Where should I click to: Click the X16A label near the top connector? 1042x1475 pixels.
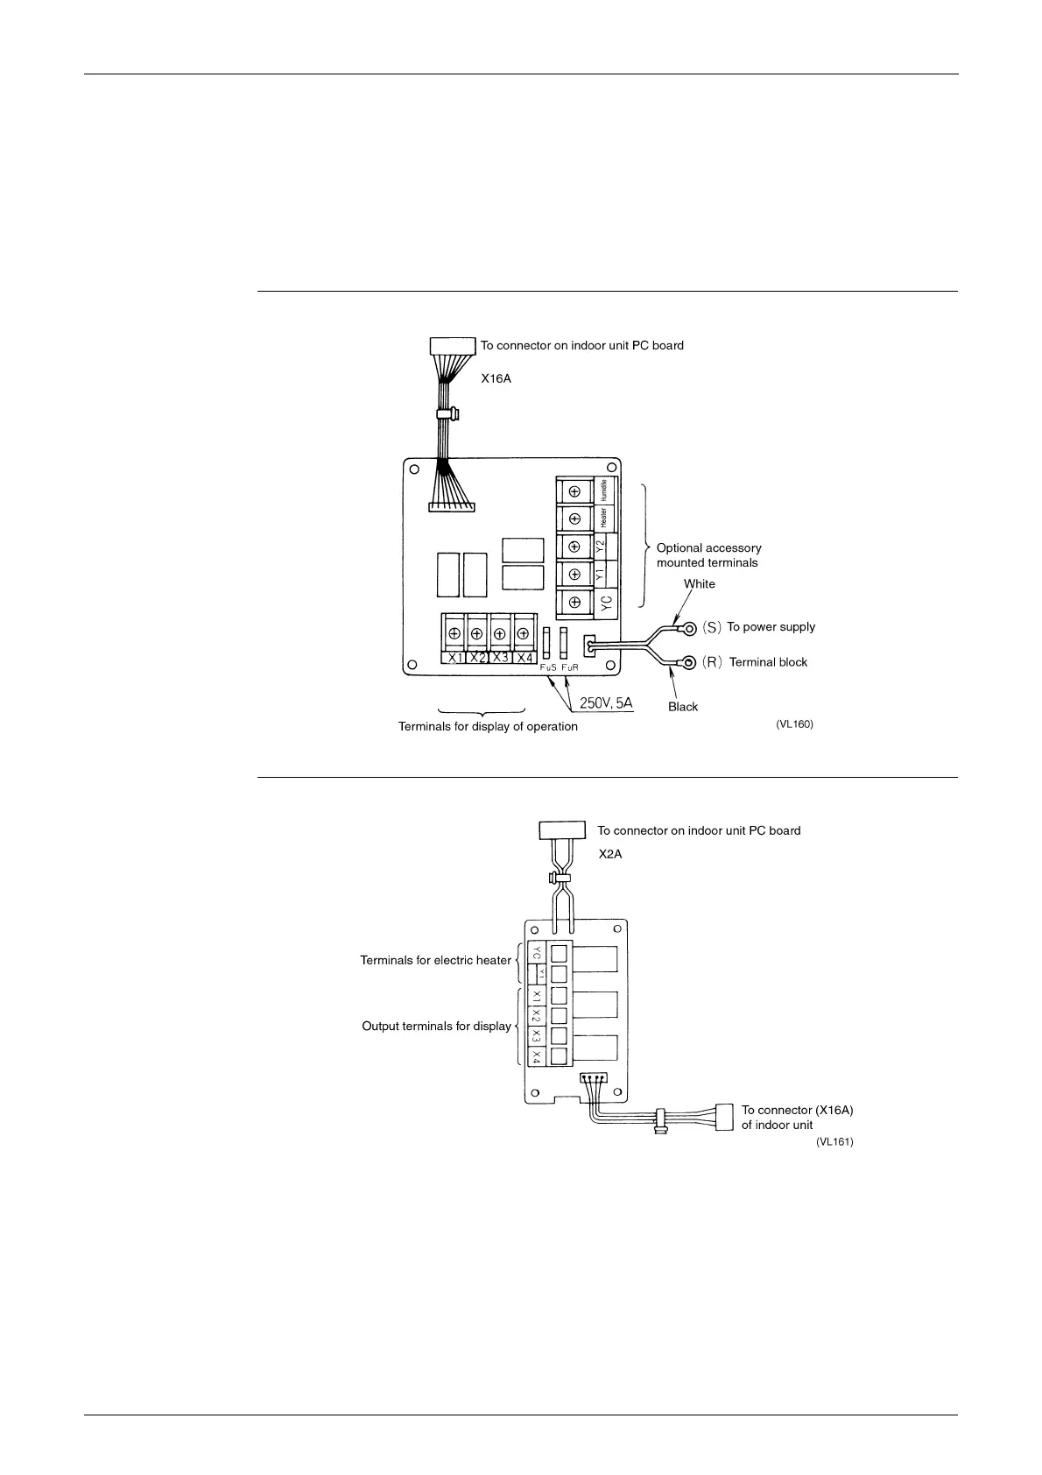coord(496,379)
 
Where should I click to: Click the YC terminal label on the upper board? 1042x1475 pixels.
coord(606,602)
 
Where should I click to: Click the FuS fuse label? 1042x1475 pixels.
coord(548,668)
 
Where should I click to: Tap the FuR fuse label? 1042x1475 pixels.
coord(570,668)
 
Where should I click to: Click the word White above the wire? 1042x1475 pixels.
coord(699,584)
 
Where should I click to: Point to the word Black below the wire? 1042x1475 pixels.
coord(683,707)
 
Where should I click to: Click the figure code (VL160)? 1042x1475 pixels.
coord(794,724)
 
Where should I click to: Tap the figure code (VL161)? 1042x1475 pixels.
coord(834,1142)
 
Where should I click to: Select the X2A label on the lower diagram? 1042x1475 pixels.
coord(610,854)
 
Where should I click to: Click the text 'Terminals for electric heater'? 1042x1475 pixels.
coord(435,961)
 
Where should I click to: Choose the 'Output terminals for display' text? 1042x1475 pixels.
coord(436,1027)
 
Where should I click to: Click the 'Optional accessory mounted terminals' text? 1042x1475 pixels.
coord(708,555)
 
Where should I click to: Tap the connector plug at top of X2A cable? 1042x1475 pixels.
coord(561,829)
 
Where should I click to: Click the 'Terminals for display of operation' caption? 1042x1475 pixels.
coord(488,727)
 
